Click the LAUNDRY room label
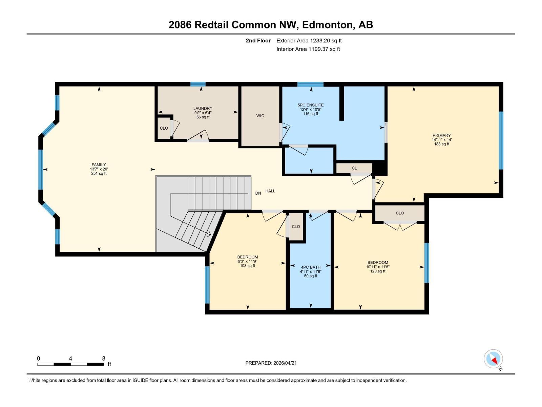203,109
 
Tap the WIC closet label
260,116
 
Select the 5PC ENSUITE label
311,105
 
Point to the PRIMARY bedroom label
441,135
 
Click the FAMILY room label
99,165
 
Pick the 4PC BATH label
311,267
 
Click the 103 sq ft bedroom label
247,257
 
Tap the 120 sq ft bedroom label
378,263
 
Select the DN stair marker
258,193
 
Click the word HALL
270,191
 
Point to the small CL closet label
354,168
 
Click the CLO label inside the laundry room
164,128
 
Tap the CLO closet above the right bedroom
400,213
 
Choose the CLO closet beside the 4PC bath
296,227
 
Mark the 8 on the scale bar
104,358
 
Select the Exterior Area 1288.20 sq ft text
309,41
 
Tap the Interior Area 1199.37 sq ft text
308,49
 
